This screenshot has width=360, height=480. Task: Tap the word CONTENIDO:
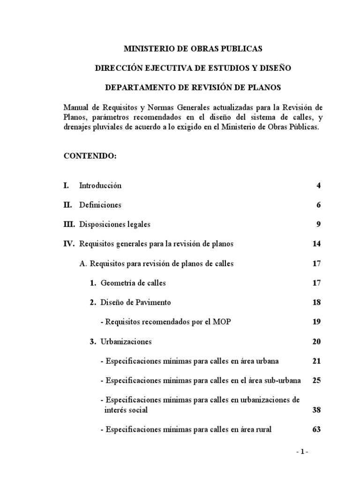[90, 156]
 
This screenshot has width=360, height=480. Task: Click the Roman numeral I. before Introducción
[67, 186]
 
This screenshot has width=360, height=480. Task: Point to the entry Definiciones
[100, 205]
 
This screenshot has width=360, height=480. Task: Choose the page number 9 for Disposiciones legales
[318, 225]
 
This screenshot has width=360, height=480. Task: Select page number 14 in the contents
[316, 244]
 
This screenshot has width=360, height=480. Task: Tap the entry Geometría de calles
[133, 283]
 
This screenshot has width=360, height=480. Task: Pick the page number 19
[316, 322]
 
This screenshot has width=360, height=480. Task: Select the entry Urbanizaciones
[126, 341]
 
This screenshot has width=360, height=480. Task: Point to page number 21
[316, 361]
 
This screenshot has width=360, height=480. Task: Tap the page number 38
[316, 410]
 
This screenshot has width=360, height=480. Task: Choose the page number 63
[316, 429]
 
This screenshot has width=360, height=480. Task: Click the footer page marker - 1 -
[302, 452]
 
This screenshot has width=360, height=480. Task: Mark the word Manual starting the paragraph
[76, 107]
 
